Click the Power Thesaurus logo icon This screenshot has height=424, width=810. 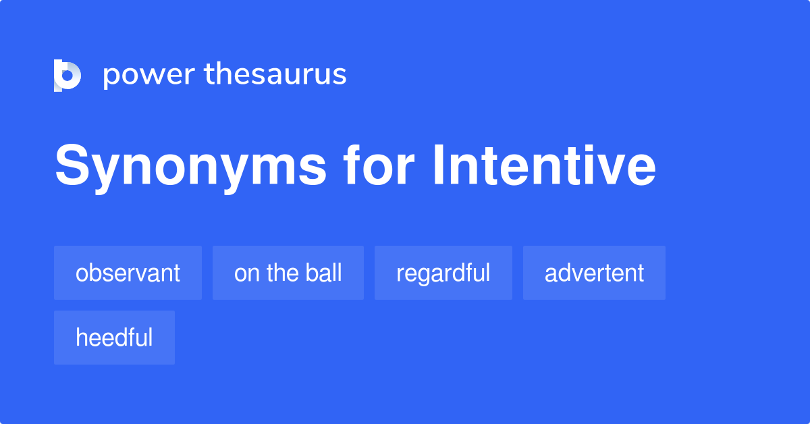click(67, 75)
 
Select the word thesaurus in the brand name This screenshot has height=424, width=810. click(275, 75)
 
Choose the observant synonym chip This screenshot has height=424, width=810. click(128, 273)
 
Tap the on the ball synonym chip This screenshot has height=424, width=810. click(288, 273)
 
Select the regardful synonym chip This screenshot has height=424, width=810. click(443, 273)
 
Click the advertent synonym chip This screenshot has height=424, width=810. click(594, 273)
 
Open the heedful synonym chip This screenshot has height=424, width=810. click(114, 338)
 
